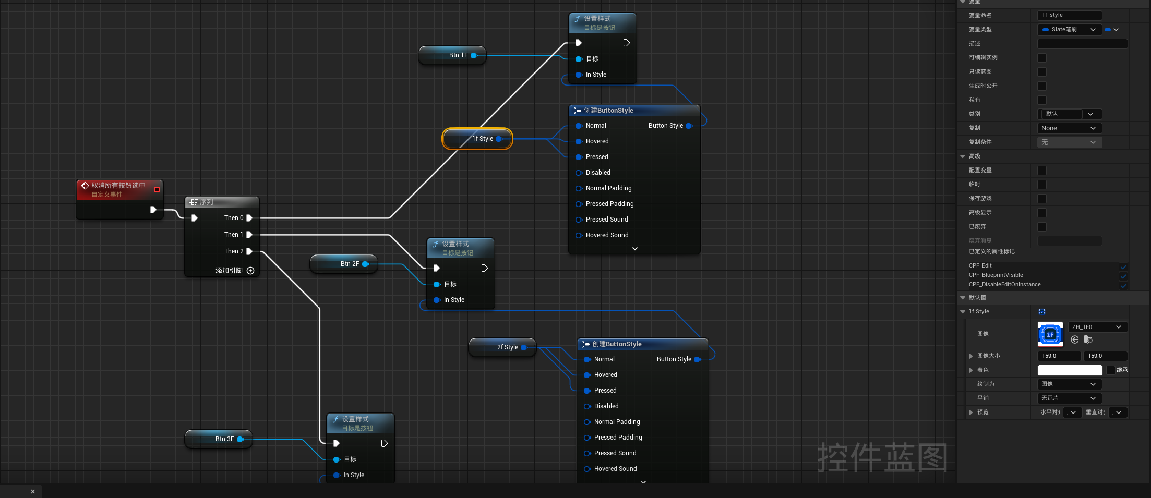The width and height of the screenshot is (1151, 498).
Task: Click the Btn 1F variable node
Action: click(x=452, y=55)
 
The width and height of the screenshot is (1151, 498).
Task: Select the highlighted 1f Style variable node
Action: click(x=477, y=139)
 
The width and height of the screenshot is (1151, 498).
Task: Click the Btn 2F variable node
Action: click(x=344, y=264)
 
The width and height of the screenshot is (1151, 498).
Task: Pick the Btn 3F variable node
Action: click(x=219, y=439)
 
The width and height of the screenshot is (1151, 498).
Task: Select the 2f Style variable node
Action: click(x=502, y=347)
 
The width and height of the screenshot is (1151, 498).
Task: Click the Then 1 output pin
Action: click(x=249, y=235)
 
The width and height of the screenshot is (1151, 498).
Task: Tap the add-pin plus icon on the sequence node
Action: click(x=250, y=271)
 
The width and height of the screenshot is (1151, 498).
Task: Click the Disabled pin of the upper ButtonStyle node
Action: click(x=579, y=173)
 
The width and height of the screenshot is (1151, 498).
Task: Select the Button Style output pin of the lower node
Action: click(x=697, y=359)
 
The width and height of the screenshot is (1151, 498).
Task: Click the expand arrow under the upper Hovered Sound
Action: click(x=635, y=249)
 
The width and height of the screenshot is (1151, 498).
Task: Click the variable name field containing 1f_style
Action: click(x=1070, y=15)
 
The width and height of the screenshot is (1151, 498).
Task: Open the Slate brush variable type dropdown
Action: click(x=1070, y=30)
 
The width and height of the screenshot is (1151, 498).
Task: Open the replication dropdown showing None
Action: click(x=1070, y=128)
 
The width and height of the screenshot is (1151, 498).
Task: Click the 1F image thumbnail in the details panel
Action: click(x=1050, y=334)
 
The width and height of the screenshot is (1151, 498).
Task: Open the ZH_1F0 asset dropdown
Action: click(x=1098, y=327)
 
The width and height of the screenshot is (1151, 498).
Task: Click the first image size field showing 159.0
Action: click(x=1059, y=356)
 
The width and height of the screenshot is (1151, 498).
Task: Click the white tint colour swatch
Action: click(x=1070, y=370)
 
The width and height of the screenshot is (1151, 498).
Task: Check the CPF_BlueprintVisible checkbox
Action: click(x=1123, y=276)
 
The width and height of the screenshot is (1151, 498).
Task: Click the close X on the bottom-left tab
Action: click(x=33, y=491)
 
